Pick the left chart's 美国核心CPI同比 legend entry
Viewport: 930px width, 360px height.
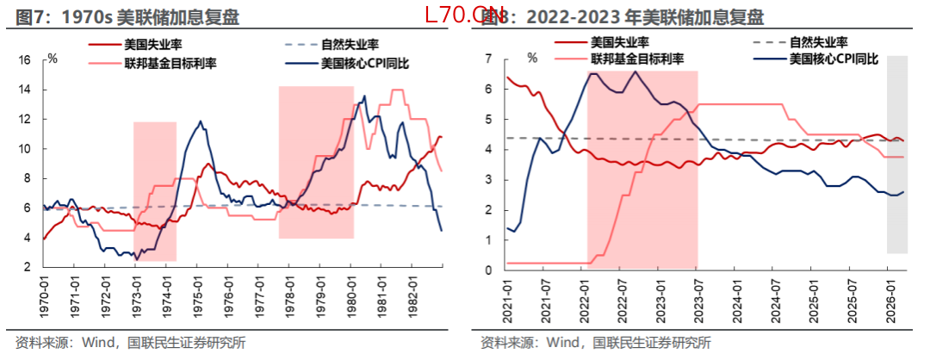363,62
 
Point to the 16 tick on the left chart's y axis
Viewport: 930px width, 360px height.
25,60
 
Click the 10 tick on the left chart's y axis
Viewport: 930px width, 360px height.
25,149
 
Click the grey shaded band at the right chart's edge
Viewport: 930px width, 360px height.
897,155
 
